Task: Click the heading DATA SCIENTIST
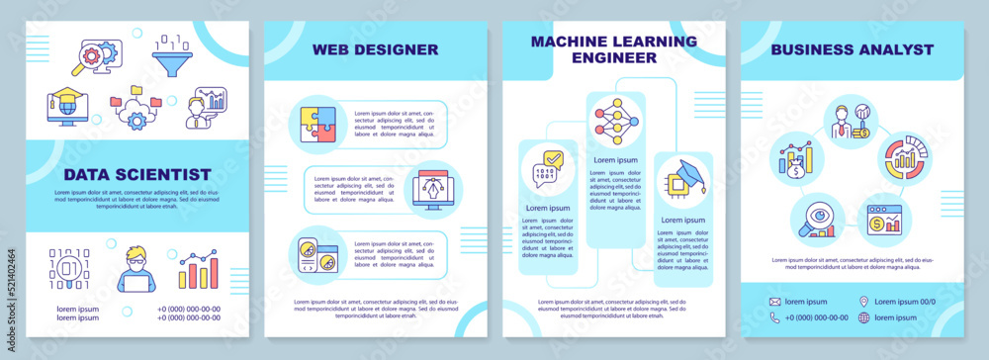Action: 136,174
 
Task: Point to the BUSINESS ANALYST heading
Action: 852,48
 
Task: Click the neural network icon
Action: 615,122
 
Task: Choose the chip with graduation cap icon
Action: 682,178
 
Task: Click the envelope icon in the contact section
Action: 775,302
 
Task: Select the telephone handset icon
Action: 775,317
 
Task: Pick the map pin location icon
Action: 863,302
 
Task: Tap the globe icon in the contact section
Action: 863,317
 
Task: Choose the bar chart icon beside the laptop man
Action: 199,269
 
